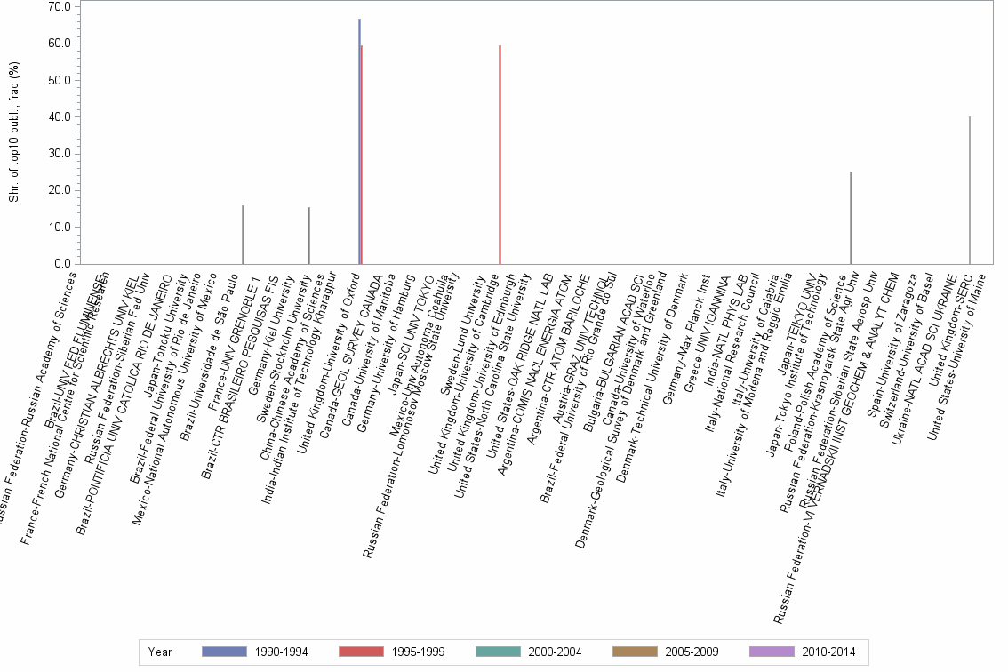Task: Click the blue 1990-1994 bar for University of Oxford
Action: pyautogui.click(x=359, y=142)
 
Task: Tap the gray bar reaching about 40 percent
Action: pyautogui.click(x=970, y=191)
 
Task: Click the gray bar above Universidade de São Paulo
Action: pyautogui.click(x=243, y=235)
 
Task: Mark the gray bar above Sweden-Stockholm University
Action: pyautogui.click(x=308, y=236)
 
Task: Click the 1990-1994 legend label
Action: pyautogui.click(x=280, y=652)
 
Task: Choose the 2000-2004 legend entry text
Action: pyautogui.click(x=554, y=652)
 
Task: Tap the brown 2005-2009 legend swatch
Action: pyautogui.click(x=635, y=652)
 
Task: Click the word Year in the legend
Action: pyautogui.click(x=160, y=652)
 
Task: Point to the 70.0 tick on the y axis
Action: pyautogui.click(x=60, y=7)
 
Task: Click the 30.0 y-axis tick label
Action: pyautogui.click(x=60, y=154)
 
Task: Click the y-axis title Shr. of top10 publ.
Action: pyautogui.click(x=13, y=133)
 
